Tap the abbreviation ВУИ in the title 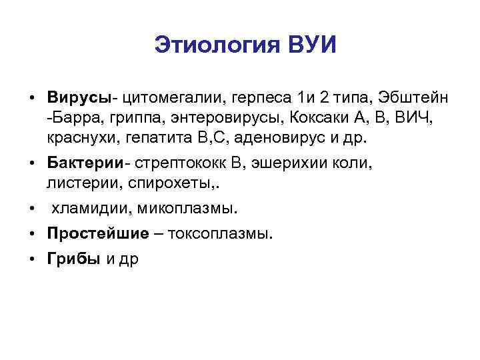click(313, 45)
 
